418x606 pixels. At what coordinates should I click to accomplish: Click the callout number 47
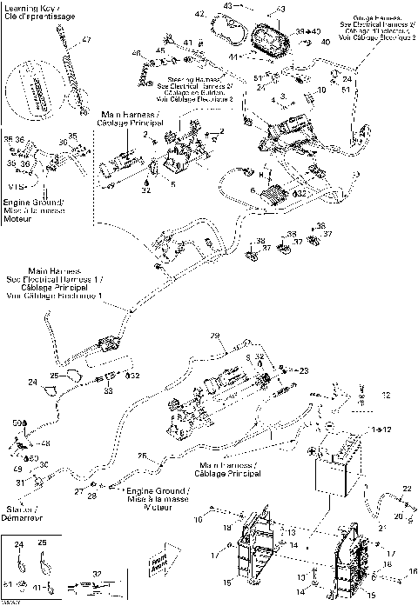tap(86, 41)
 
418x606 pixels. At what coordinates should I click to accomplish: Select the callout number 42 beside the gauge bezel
tap(199, 15)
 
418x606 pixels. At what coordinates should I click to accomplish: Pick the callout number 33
tap(107, 391)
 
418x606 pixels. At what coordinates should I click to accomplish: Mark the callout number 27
tap(78, 492)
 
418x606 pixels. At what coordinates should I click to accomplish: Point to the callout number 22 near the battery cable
tap(406, 489)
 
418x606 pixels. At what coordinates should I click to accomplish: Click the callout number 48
tap(45, 443)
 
